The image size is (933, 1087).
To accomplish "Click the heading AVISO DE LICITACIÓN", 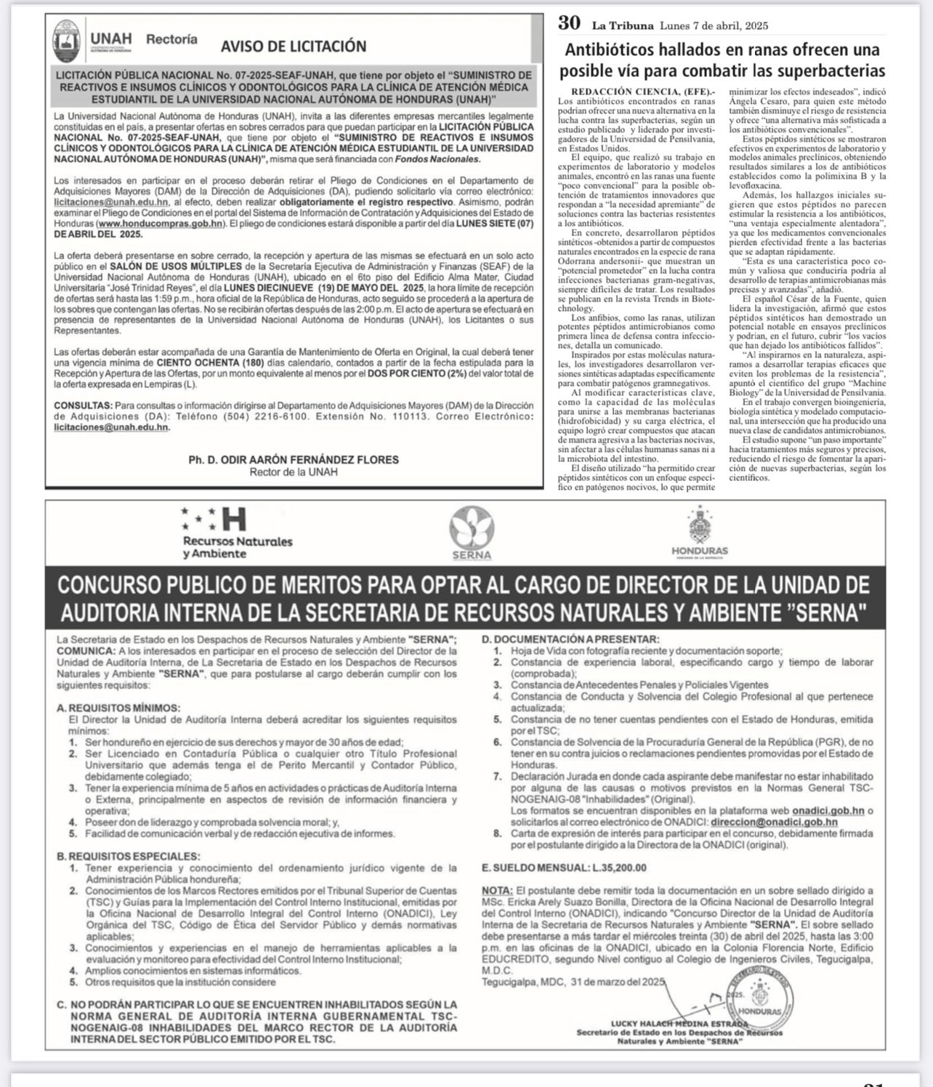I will click(294, 47).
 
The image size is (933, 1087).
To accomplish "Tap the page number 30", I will click(569, 24).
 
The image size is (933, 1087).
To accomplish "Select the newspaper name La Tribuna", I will click(622, 26).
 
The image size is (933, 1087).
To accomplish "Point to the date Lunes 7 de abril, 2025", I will click(714, 26).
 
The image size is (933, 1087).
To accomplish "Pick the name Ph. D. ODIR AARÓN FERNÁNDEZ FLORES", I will click(294, 460).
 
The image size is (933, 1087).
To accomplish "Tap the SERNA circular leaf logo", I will click(472, 528).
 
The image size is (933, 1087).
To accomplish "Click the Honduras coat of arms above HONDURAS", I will click(700, 526).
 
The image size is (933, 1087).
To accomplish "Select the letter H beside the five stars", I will click(234, 520).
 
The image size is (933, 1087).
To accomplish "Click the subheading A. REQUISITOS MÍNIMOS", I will click(118, 708).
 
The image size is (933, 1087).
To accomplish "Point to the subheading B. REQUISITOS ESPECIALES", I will click(128, 857).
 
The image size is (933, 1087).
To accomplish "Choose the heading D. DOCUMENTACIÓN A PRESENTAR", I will click(570, 639).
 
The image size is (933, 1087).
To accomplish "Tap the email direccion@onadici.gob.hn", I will click(774, 823).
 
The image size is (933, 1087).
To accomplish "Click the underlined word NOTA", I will click(497, 891).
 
